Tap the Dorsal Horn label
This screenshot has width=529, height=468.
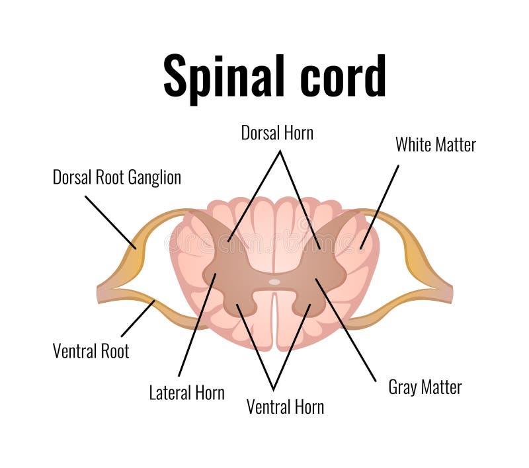coord(277,133)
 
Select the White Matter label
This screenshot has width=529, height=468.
coord(435,145)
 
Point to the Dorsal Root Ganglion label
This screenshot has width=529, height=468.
coord(117,177)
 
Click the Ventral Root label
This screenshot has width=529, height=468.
coord(91,350)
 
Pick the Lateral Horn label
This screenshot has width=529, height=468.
coord(186,393)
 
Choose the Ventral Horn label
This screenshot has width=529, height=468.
coord(285,407)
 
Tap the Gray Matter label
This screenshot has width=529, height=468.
coord(425,387)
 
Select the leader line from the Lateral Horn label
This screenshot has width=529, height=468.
coord(197,324)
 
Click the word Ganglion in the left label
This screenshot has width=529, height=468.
coord(154,177)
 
